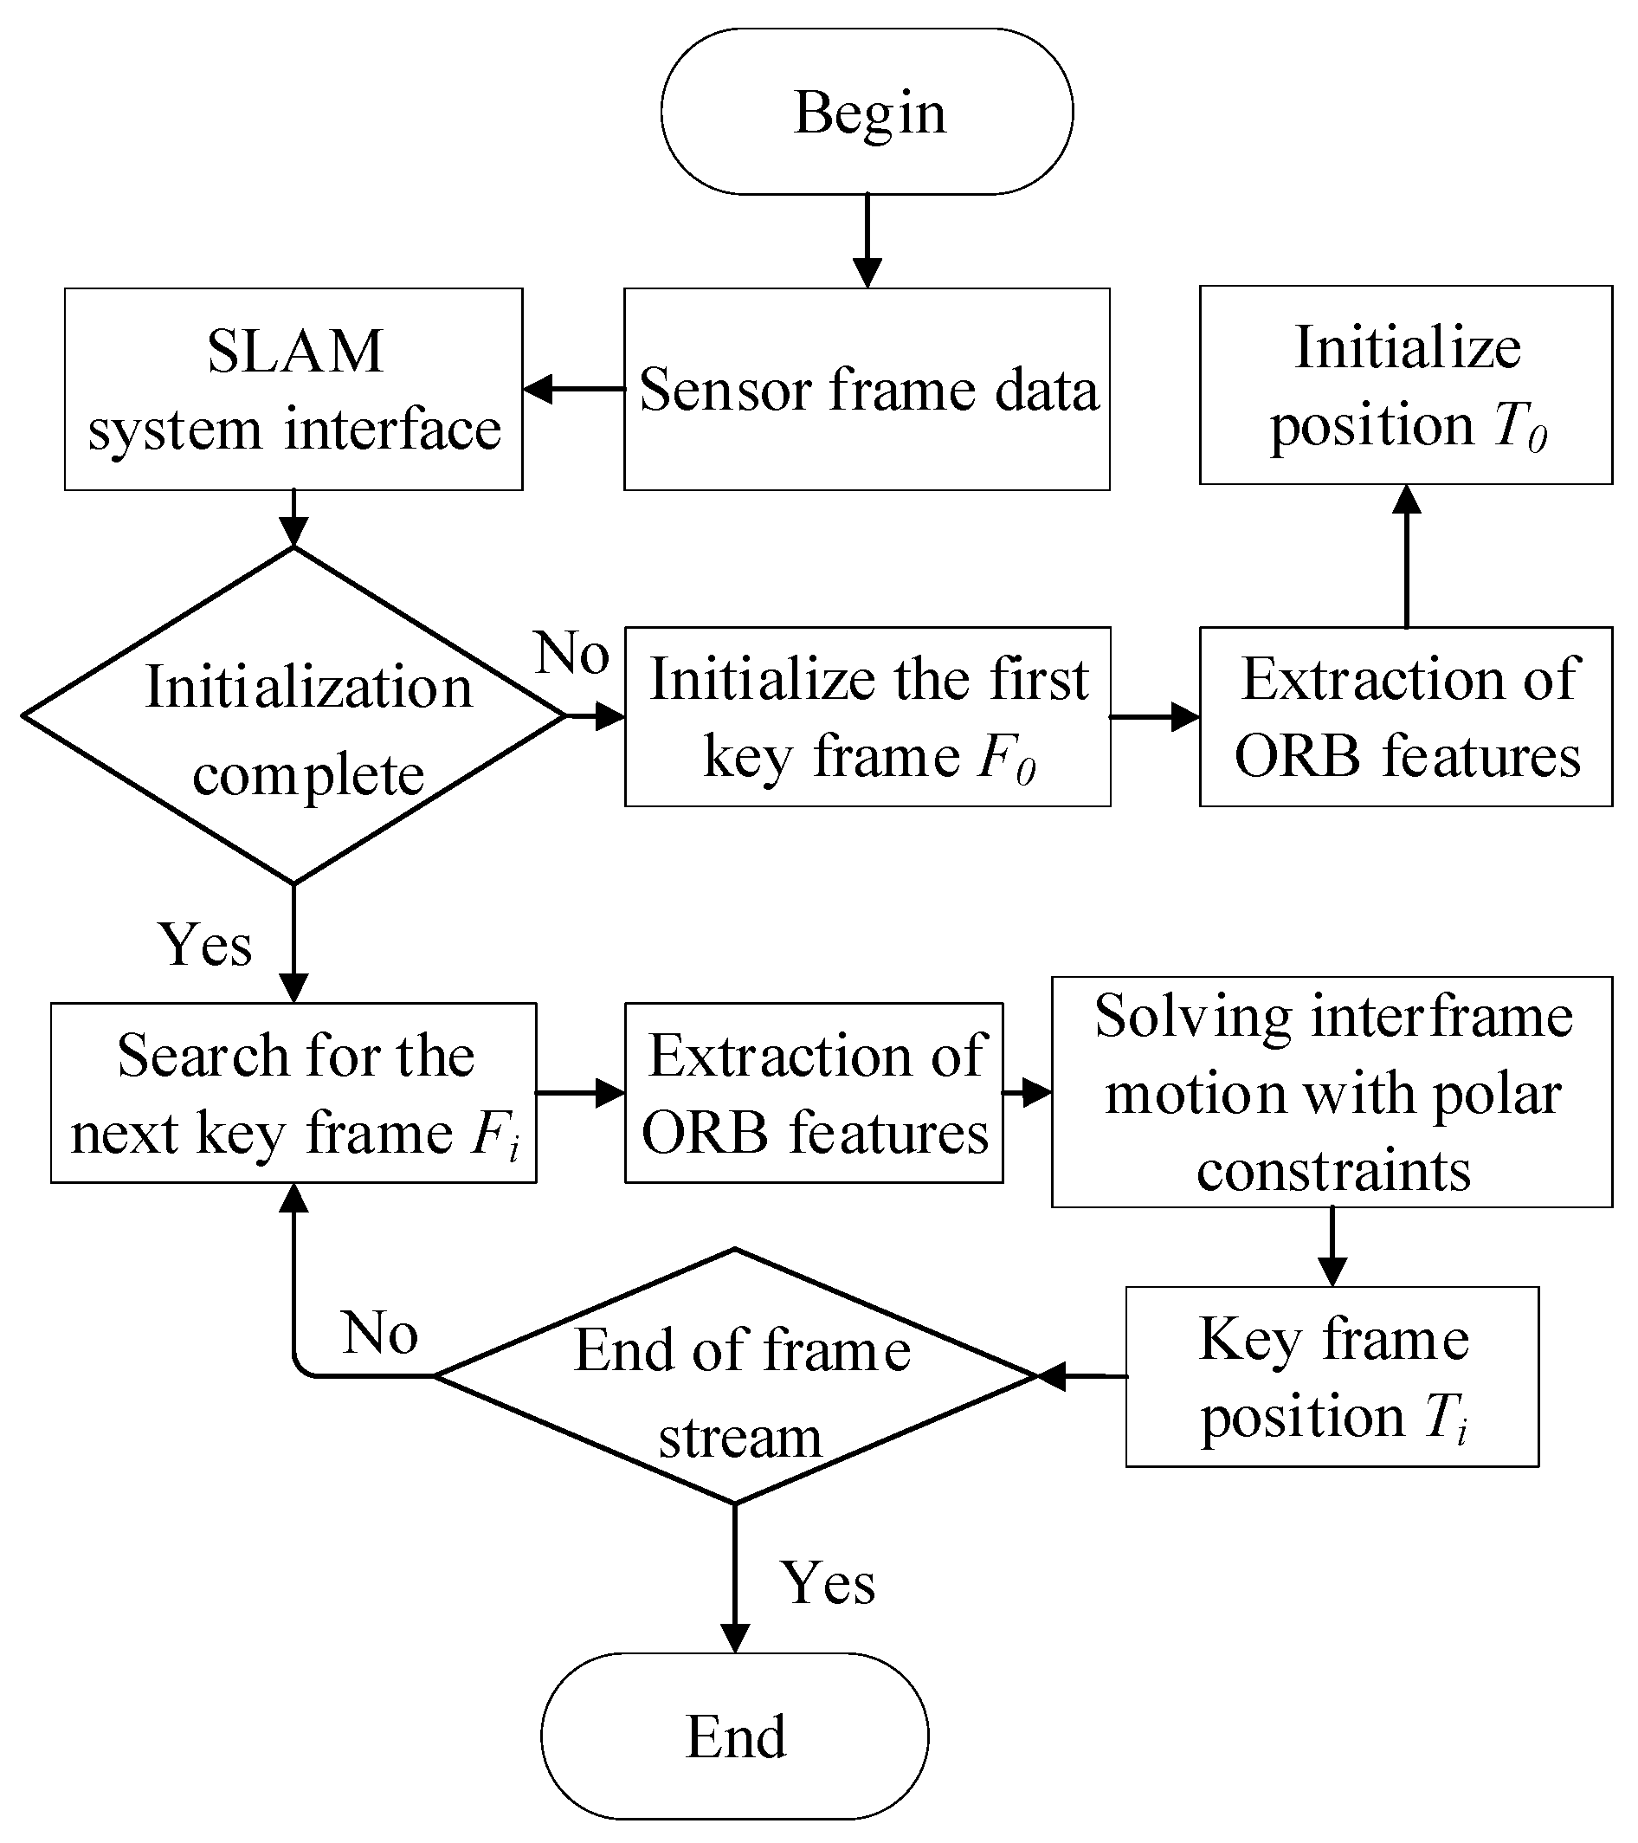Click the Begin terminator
(x=867, y=112)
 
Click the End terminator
(x=735, y=1736)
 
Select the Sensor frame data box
(x=867, y=390)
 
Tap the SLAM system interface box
(x=293, y=390)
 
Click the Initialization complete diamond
(x=293, y=717)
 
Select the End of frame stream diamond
(x=736, y=1376)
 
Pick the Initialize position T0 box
(x=1405, y=386)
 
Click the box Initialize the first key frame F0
(x=867, y=717)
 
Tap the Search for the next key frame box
(x=293, y=1093)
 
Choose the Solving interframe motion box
(x=1332, y=1092)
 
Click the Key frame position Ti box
(x=1332, y=1377)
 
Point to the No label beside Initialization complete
(x=571, y=653)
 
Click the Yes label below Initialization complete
(x=205, y=945)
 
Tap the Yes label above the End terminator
(x=828, y=1582)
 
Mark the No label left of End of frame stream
(x=379, y=1333)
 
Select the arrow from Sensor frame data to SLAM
(x=573, y=390)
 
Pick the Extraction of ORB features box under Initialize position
(x=1405, y=717)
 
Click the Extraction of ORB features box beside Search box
(x=814, y=1093)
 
